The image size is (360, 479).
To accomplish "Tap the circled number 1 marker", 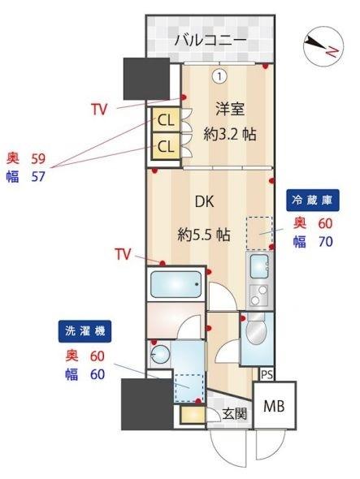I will click(x=219, y=76).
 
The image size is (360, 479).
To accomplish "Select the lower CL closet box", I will click(x=165, y=146).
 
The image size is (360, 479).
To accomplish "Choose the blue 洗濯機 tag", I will click(x=85, y=331).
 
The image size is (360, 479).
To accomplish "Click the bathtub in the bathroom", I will click(x=176, y=285).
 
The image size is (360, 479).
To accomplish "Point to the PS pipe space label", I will click(x=266, y=373).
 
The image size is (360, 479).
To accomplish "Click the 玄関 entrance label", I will click(x=236, y=414).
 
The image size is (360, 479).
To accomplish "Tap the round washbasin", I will click(x=159, y=353).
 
